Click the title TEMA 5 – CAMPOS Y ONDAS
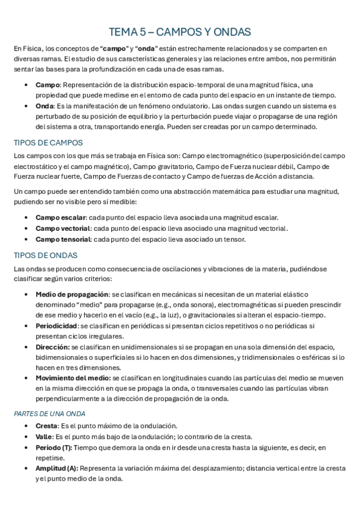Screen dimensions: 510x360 coord(180,31)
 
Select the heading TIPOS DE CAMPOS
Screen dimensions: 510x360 coord(48,143)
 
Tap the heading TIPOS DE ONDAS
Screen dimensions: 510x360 coord(45,255)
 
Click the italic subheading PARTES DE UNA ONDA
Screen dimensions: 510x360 coord(49,414)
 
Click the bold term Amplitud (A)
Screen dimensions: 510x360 coord(56,468)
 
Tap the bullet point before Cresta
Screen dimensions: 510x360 coord(25,426)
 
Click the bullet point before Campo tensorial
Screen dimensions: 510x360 coord(25,239)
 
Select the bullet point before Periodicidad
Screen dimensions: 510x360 coord(25,326)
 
